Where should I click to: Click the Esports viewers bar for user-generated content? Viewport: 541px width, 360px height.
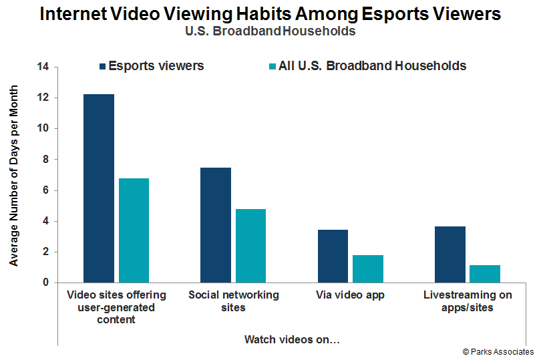point(99,188)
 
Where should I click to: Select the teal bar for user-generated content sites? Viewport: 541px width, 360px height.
point(134,230)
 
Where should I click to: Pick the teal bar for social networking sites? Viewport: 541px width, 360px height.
point(250,246)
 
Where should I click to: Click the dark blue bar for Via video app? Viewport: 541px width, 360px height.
point(333,256)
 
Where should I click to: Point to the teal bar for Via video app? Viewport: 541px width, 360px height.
point(367,268)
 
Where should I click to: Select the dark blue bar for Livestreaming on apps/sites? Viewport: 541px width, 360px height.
point(449,254)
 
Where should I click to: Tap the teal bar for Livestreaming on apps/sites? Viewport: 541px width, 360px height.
point(484,274)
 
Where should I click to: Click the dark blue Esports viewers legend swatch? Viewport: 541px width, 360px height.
point(102,66)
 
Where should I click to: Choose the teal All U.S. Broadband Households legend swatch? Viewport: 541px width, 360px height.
point(271,66)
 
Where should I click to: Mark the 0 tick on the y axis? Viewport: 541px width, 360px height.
point(46,283)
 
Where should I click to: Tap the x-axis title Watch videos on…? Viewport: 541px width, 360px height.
point(292,340)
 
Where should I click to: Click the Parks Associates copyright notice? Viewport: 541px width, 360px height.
point(498,351)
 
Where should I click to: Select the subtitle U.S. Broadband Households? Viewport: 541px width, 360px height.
point(270,31)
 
